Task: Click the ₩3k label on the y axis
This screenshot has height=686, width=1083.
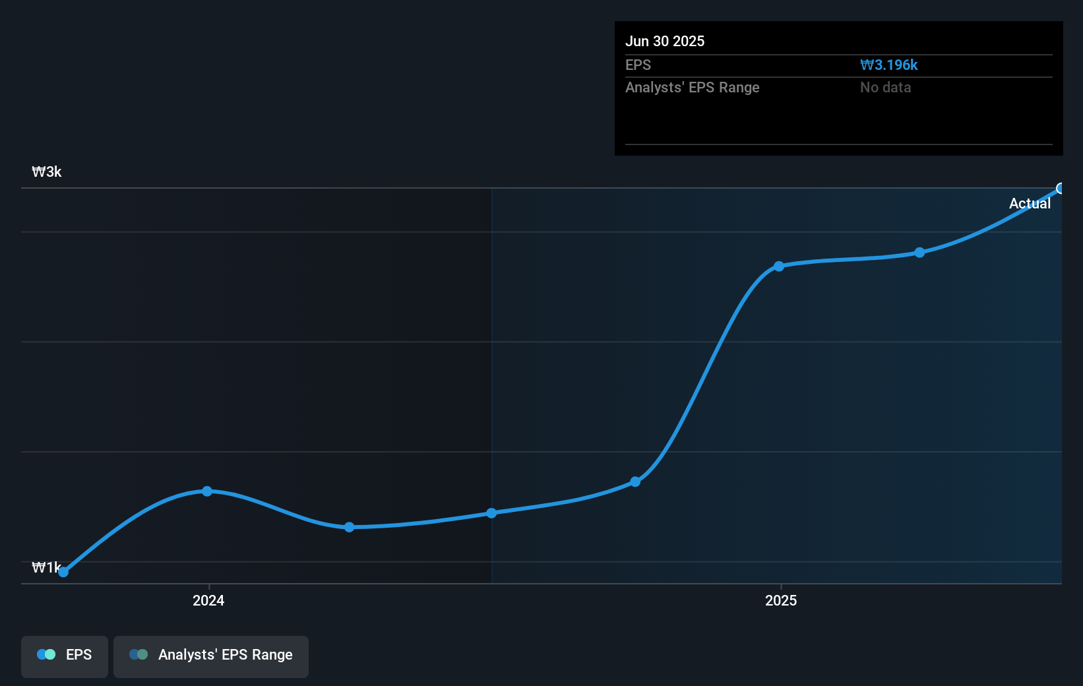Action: (x=47, y=172)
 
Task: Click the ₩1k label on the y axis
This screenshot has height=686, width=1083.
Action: (x=46, y=567)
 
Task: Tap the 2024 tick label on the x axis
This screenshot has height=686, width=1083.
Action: (x=208, y=600)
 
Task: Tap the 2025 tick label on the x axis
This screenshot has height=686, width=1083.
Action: (x=781, y=600)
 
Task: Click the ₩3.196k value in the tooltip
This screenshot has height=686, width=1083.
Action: (x=888, y=65)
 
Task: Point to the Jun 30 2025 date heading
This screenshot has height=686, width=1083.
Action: (x=665, y=42)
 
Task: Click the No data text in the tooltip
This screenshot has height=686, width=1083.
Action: (x=885, y=88)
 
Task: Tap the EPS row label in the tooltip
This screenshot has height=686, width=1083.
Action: (x=638, y=65)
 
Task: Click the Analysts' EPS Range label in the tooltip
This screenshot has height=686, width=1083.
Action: (x=692, y=88)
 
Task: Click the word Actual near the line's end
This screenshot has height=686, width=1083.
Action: (x=1030, y=204)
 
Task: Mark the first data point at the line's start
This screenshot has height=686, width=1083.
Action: (x=63, y=572)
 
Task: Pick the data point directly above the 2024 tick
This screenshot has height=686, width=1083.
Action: (x=207, y=491)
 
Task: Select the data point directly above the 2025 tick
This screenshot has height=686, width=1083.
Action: (x=779, y=266)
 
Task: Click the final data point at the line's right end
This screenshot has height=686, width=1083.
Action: (x=1061, y=189)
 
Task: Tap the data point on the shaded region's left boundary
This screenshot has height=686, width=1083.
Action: (x=491, y=513)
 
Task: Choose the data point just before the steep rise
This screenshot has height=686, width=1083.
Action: (x=635, y=482)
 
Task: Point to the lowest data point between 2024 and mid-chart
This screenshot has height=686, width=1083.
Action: (x=349, y=527)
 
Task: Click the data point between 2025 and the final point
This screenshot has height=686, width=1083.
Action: (x=919, y=253)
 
